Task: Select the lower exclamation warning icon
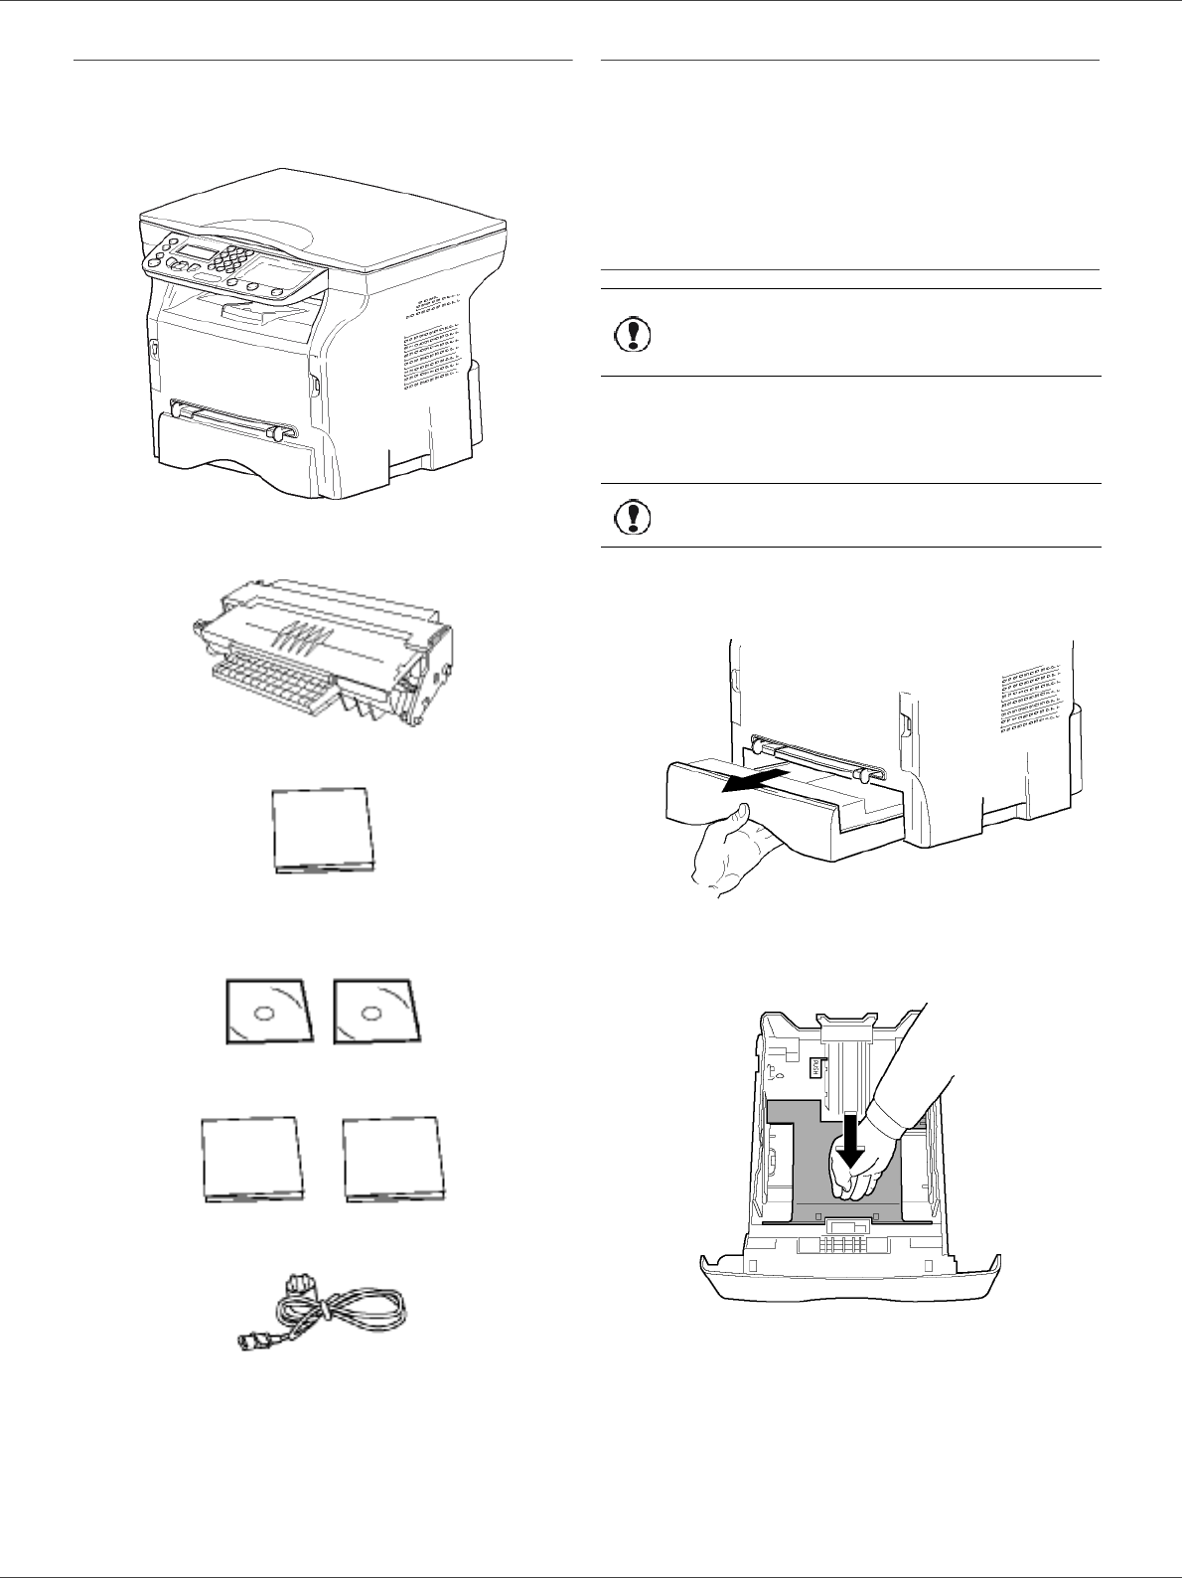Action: tap(627, 516)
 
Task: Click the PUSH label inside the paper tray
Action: tap(815, 1068)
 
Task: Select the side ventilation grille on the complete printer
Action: tap(431, 343)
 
